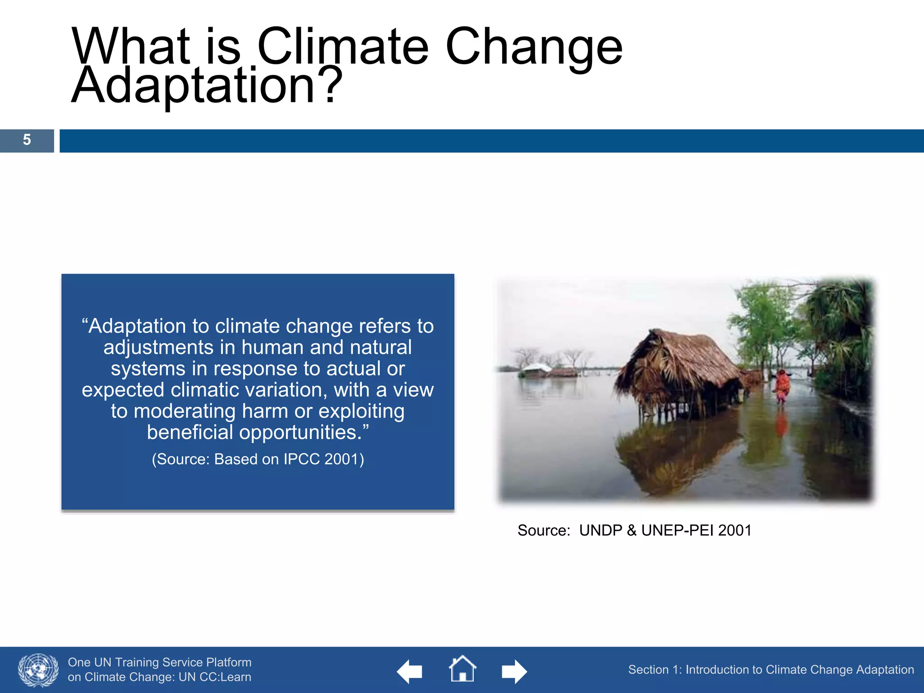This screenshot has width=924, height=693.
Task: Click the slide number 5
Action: (27, 140)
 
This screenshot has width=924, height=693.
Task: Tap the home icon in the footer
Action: (462, 670)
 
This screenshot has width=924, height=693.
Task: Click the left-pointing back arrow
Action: (409, 671)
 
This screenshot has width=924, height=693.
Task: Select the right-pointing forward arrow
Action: (514, 671)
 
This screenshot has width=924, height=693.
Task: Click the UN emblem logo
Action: (38, 670)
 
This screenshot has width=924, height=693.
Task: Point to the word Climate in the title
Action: (342, 46)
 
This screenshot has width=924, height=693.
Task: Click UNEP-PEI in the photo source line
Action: (677, 531)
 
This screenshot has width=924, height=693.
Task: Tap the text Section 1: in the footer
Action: (655, 670)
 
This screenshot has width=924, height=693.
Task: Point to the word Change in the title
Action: (534, 46)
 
